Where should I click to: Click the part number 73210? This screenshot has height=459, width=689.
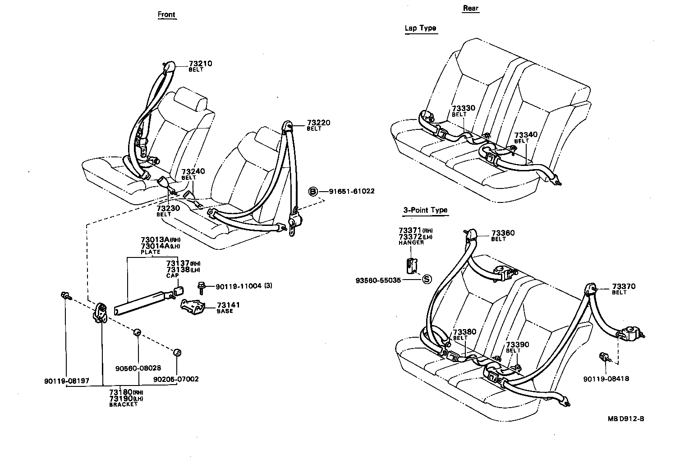200,64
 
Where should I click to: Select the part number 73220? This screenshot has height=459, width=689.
319,123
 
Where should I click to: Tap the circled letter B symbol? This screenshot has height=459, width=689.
313,192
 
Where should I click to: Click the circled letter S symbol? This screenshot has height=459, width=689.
426,280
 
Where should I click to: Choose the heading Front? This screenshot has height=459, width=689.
166,14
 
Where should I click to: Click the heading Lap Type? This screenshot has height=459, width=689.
420,28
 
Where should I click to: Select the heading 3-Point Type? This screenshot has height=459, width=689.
425,210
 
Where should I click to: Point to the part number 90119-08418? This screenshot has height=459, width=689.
606,379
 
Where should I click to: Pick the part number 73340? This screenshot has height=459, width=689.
526,135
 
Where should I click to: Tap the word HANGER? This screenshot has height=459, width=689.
411,243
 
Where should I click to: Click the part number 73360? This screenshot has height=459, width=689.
503,233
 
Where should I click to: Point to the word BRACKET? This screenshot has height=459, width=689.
123,404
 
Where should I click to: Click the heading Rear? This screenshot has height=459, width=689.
471,8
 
